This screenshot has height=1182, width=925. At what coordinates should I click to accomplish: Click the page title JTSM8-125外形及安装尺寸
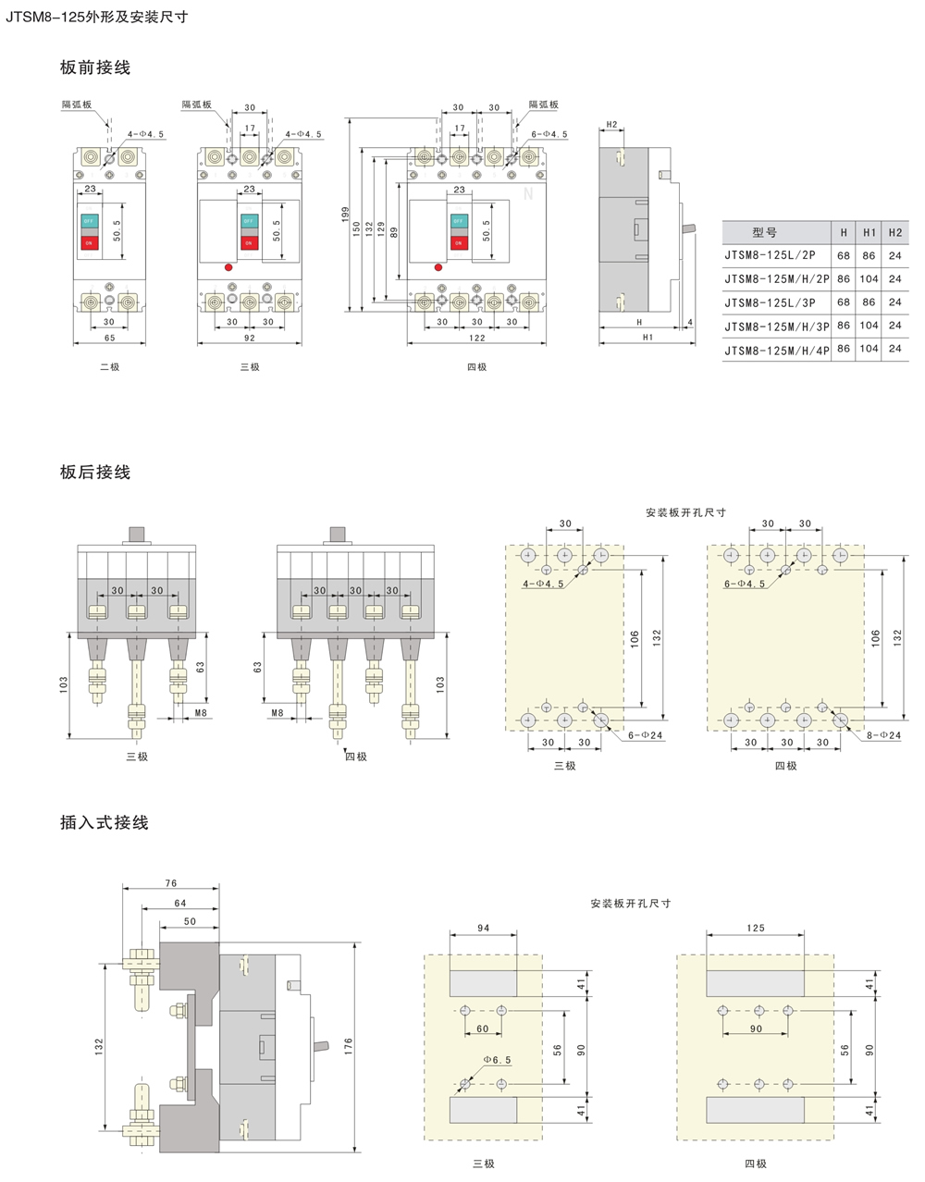click(97, 16)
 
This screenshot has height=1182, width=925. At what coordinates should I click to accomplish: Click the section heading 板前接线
click(95, 68)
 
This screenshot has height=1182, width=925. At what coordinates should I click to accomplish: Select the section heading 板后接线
click(95, 473)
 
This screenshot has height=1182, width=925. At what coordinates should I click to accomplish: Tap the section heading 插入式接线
click(104, 822)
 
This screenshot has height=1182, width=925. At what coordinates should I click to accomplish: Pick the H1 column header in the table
click(869, 232)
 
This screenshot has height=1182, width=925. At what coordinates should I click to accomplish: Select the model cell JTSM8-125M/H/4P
click(777, 349)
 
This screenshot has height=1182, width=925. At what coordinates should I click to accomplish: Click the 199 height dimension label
click(346, 215)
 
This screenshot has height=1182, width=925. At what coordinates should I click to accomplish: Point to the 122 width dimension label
click(476, 338)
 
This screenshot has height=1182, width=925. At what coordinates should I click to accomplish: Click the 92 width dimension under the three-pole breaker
click(250, 338)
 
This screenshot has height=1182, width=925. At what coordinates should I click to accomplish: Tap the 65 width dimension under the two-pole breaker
click(110, 338)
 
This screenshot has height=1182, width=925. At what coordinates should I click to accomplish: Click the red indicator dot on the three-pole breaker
click(228, 268)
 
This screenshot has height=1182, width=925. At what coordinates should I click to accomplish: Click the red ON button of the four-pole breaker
click(458, 243)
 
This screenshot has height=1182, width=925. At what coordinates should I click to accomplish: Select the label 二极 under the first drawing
click(110, 367)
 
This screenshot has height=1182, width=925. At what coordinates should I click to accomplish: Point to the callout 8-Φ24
click(882, 735)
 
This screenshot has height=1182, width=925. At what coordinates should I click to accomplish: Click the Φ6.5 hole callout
click(497, 1060)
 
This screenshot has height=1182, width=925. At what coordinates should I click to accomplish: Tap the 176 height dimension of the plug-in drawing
click(349, 1046)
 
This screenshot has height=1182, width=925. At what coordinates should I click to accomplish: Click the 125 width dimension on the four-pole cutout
click(756, 928)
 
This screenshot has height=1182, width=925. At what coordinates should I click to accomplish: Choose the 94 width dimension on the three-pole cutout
click(483, 928)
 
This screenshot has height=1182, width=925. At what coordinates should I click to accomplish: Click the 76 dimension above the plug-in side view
click(170, 883)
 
